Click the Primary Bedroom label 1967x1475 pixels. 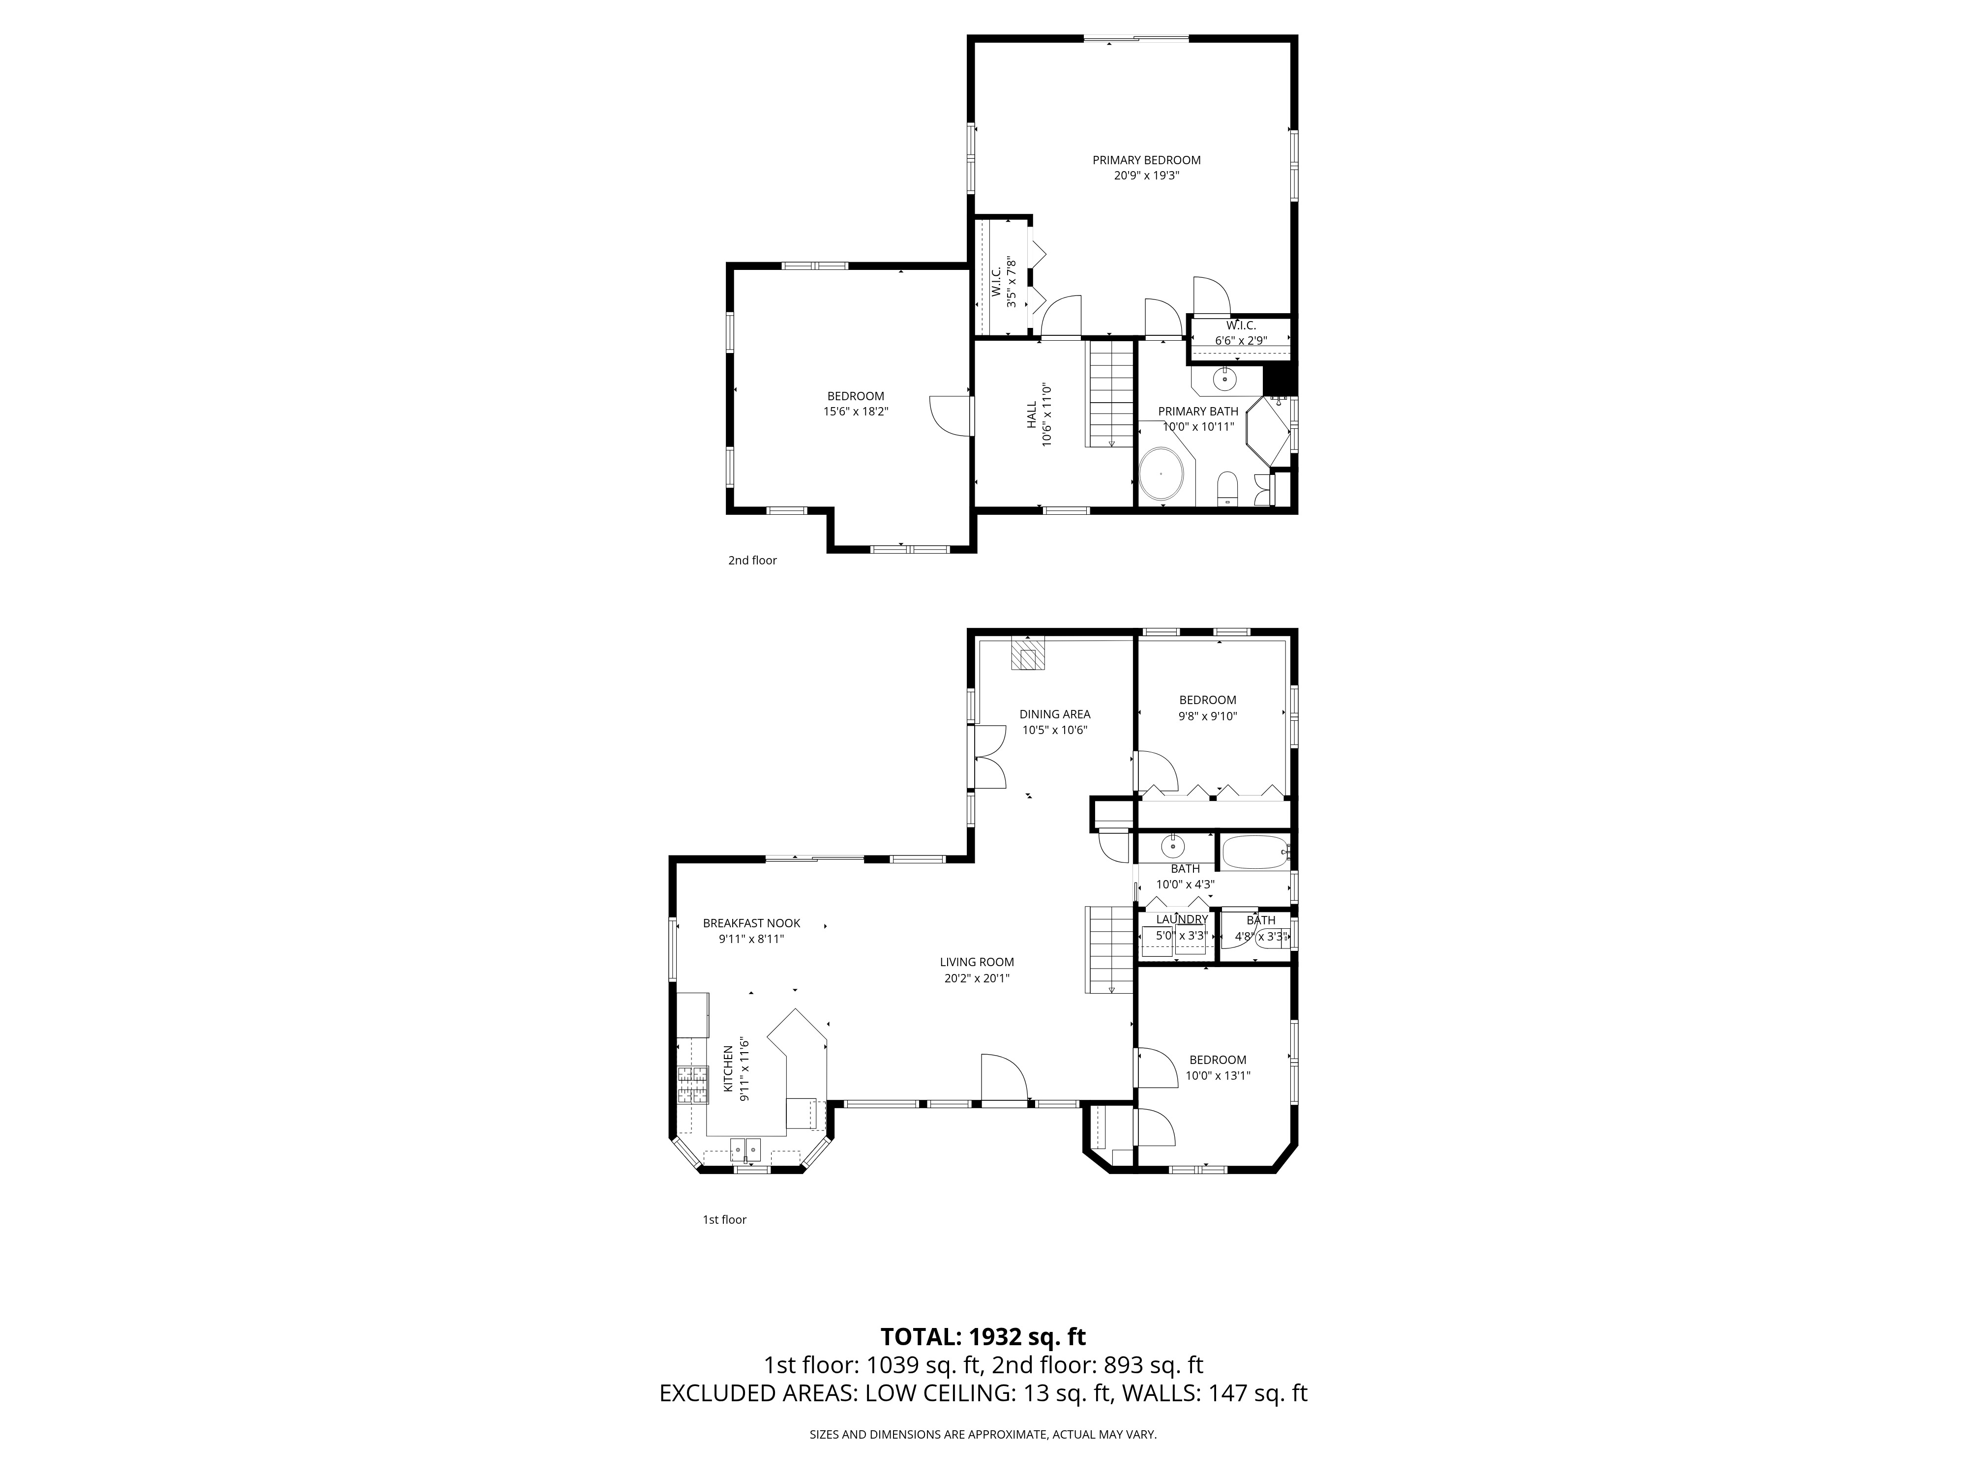[x=1146, y=160]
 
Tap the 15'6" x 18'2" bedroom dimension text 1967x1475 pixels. [x=856, y=412]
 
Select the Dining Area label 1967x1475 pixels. [x=1055, y=714]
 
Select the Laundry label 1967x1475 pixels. [x=1182, y=919]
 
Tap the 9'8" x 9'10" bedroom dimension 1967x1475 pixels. [x=1208, y=716]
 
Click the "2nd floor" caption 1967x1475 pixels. [x=752, y=560]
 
